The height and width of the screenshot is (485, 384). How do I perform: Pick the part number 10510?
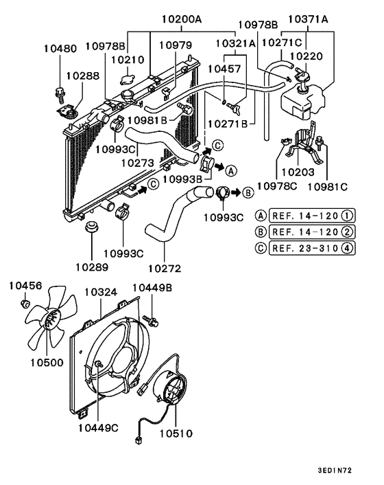(176, 433)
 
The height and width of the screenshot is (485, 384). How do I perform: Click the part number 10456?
(25, 285)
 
